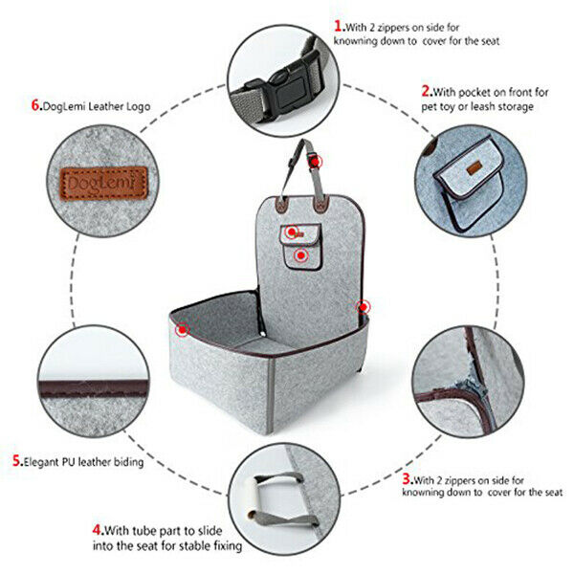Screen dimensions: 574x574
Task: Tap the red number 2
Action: [x=427, y=93]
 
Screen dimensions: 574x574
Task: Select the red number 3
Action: [x=407, y=477]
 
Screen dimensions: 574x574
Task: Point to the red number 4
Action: [x=98, y=527]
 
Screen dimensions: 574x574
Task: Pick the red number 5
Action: [x=18, y=461]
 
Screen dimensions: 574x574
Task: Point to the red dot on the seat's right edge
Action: [x=364, y=306]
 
